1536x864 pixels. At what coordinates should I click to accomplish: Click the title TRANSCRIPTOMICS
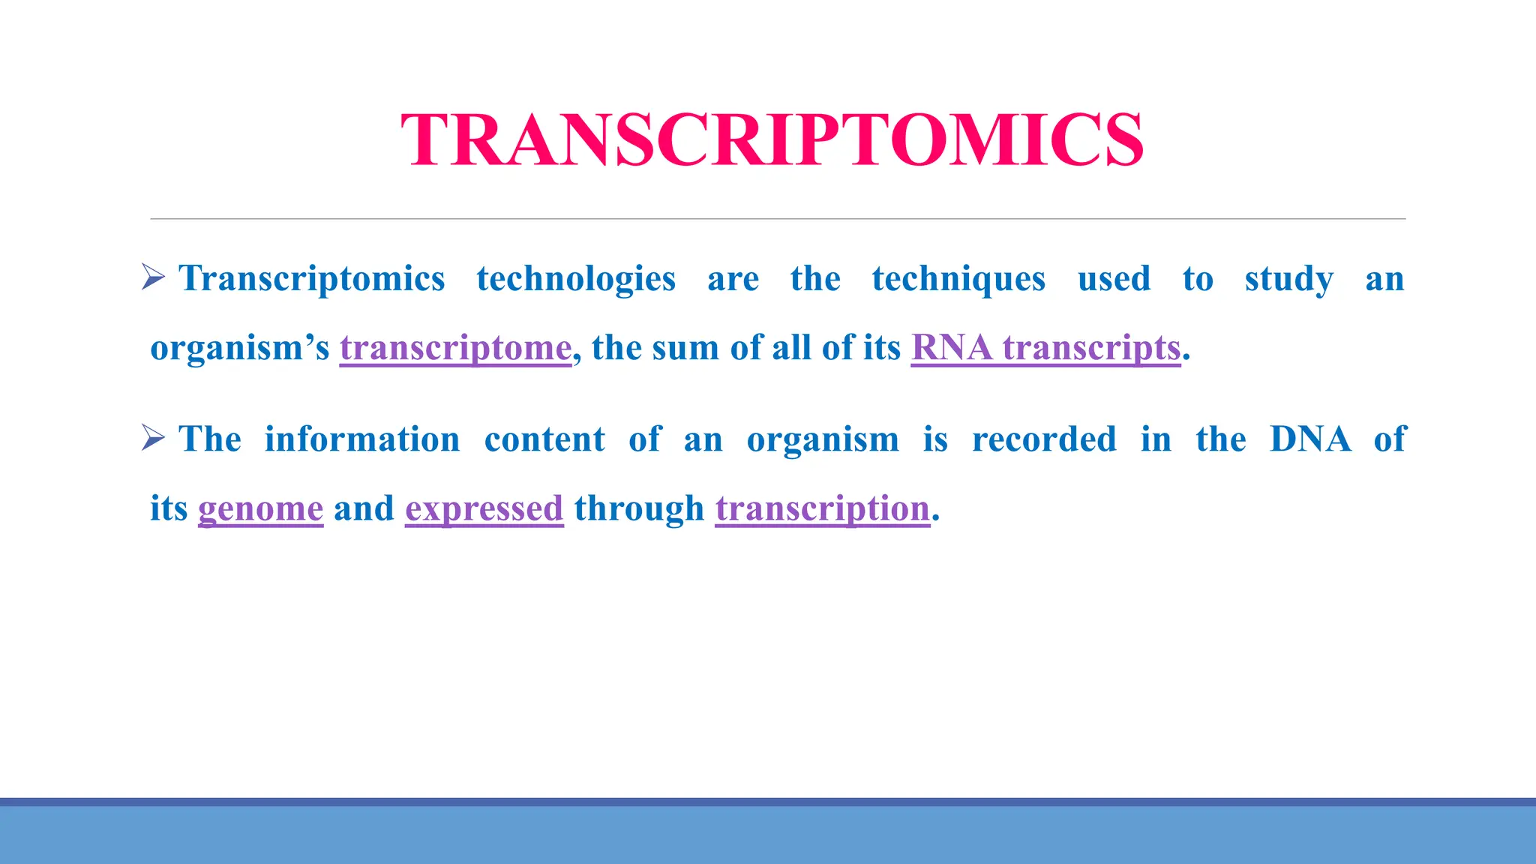(772, 140)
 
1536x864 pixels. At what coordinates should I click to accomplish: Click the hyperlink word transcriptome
(455, 348)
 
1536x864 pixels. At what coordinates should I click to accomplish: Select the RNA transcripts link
(1045, 348)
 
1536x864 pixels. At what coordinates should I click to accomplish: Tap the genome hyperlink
(260, 508)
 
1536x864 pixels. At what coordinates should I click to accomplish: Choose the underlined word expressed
(484, 508)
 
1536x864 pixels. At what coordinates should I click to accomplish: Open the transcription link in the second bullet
(822, 508)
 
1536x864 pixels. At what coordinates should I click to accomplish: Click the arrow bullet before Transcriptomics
(153, 277)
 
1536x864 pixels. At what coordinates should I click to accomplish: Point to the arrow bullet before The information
(153, 438)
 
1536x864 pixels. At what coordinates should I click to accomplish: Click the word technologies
(576, 279)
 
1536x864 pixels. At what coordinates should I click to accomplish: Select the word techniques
(958, 279)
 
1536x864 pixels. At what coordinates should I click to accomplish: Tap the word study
(1288, 279)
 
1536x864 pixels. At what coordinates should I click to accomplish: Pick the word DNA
(1310, 439)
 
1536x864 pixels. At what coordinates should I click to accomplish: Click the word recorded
(1044, 439)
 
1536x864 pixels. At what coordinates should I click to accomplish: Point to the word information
(362, 439)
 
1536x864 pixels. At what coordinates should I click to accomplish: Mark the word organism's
(239, 348)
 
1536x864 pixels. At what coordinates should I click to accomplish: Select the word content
(544, 439)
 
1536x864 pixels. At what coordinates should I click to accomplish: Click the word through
(639, 508)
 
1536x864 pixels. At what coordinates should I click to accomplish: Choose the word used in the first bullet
(1114, 279)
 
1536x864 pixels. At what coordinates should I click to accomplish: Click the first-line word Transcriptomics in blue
(312, 279)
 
